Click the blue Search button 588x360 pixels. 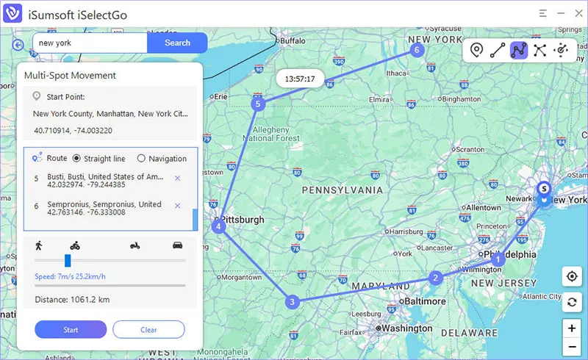[x=177, y=43]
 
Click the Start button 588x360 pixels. [x=71, y=330]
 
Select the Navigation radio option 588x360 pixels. [x=141, y=159]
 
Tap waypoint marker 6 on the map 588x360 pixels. [x=417, y=50]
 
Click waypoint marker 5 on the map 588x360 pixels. [x=257, y=104]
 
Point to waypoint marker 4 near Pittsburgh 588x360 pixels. [x=219, y=227]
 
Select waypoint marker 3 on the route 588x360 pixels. [x=293, y=302]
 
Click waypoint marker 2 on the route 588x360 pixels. [x=436, y=278]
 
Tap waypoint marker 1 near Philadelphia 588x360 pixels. [x=498, y=259]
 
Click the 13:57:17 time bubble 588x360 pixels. [x=300, y=79]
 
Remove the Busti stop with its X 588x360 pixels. [x=177, y=179]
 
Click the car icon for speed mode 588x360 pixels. [x=177, y=245]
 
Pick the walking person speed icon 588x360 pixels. [x=38, y=245]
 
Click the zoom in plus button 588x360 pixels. [x=571, y=328]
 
